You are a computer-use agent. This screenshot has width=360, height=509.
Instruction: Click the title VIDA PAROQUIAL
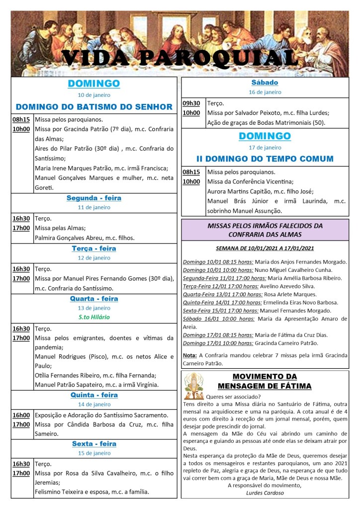point(180,59)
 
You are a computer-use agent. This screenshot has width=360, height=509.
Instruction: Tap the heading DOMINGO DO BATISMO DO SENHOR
point(94,106)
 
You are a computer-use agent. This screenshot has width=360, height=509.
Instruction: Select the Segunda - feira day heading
point(94,198)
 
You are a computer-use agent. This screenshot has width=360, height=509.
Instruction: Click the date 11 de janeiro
point(94,207)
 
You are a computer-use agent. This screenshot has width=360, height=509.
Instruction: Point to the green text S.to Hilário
point(94,317)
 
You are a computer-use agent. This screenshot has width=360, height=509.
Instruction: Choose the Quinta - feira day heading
point(94,395)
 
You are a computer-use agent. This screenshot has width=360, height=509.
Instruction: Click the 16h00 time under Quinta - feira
point(21,415)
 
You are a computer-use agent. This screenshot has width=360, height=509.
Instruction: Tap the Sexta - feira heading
point(94,444)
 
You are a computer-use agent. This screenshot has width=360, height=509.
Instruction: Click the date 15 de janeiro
point(94,453)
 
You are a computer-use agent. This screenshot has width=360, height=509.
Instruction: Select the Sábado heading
point(265,83)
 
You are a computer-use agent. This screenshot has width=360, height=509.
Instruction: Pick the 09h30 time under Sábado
point(191,103)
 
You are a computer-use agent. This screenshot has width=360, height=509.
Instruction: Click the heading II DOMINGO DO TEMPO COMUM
point(265,159)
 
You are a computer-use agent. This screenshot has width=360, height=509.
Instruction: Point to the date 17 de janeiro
point(265,148)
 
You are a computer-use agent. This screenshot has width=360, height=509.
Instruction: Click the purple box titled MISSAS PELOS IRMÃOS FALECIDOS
point(265,230)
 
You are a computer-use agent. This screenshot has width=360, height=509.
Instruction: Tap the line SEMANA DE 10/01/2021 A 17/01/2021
point(265,248)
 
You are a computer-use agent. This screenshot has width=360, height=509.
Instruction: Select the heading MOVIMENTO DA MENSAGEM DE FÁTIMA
point(265,381)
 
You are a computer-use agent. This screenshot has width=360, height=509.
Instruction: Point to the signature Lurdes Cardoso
point(265,493)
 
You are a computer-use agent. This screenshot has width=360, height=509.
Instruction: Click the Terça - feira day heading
point(94,249)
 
